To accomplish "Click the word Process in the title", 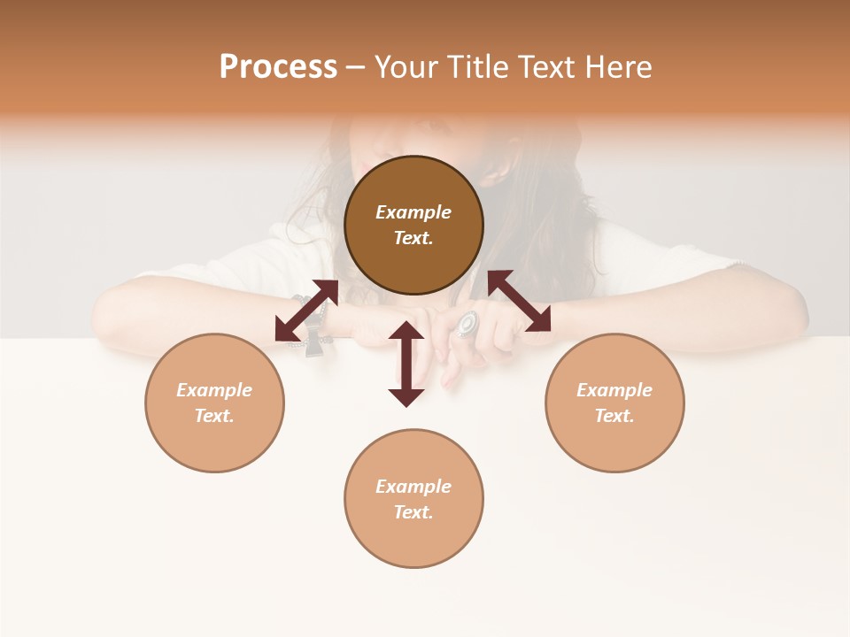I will (278, 67).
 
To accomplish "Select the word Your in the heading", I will (407, 67).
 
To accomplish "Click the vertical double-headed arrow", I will (406, 364).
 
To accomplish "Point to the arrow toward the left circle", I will (306, 311).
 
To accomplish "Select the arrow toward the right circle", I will (519, 302).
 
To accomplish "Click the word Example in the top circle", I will (413, 212).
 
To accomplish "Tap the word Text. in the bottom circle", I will (413, 512).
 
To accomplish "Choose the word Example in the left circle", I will (214, 390).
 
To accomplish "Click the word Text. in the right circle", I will (614, 416).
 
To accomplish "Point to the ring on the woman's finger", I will (467, 324).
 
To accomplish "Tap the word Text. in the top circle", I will (413, 238).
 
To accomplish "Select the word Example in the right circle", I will (614, 390).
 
